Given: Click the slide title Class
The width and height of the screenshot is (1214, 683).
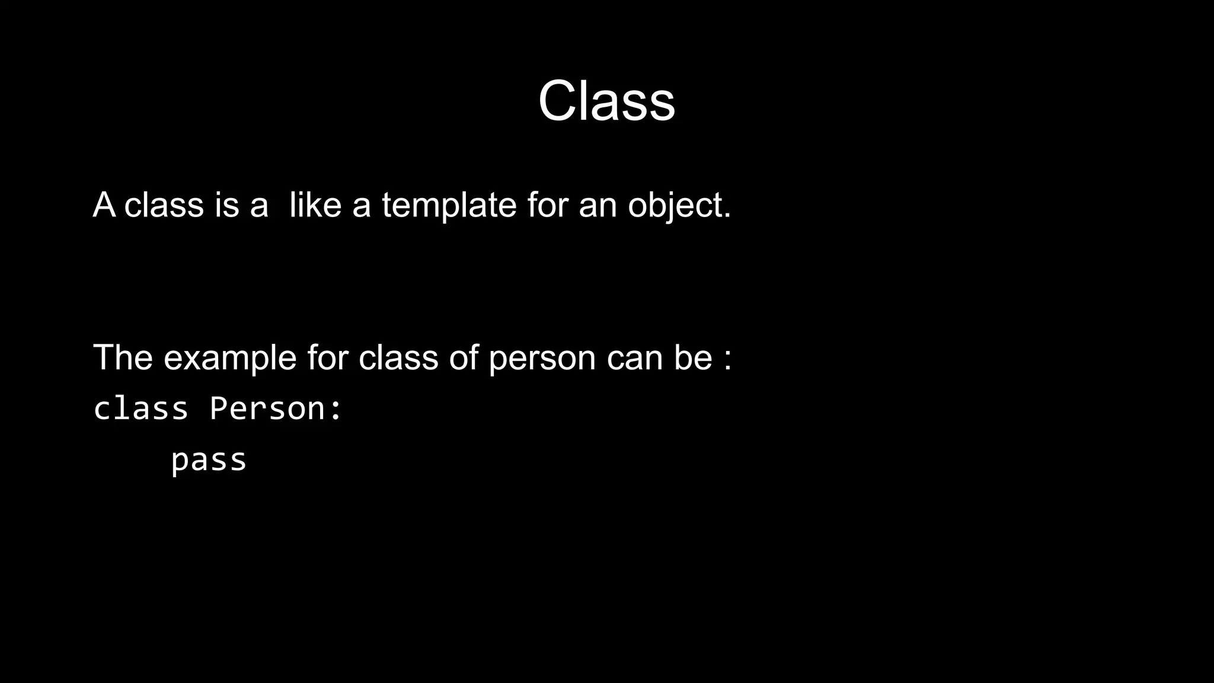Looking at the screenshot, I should pyautogui.click(x=606, y=101).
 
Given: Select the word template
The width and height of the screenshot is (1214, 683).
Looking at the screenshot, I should pyautogui.click(x=449, y=205).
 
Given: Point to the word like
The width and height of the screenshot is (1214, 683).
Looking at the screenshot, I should pyautogui.click(x=315, y=205).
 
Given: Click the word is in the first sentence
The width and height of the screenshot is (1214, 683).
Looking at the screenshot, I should pyautogui.click(x=226, y=205).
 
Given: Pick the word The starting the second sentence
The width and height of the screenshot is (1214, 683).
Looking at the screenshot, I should pyautogui.click(x=123, y=358).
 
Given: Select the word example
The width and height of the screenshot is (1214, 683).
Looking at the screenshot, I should pyautogui.click(x=230, y=359).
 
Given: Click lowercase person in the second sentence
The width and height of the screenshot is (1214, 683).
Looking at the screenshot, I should pyautogui.click(x=542, y=359).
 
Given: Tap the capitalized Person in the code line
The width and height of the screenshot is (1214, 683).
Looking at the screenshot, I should pyautogui.click(x=267, y=408).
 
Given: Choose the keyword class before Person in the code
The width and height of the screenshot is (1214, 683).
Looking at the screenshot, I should pyautogui.click(x=141, y=408).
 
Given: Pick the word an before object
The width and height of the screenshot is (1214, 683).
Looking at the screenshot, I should pyautogui.click(x=598, y=205).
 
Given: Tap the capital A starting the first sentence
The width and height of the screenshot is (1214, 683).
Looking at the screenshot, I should pyautogui.click(x=104, y=205).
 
